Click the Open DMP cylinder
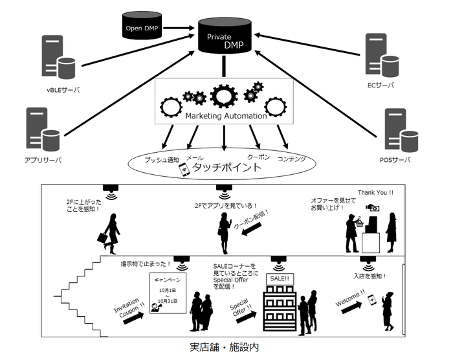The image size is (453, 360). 142,27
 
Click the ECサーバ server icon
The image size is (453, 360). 380,58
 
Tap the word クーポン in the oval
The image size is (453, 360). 258,157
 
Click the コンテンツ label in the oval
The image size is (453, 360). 292,159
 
